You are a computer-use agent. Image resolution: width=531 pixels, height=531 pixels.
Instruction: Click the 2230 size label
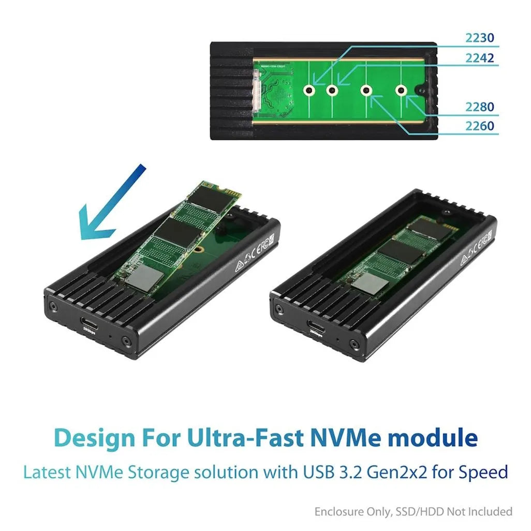(479, 38)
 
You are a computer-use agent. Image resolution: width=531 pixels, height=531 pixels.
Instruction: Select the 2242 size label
(479, 58)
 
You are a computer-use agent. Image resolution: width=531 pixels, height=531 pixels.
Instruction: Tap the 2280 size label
(479, 107)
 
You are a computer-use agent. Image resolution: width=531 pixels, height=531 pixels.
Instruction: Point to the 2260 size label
(479, 126)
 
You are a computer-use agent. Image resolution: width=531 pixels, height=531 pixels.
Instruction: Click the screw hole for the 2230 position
(309, 91)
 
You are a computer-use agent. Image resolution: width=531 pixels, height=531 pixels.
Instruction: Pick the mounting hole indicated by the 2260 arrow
(366, 91)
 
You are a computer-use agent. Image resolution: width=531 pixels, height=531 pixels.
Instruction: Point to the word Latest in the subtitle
(48, 473)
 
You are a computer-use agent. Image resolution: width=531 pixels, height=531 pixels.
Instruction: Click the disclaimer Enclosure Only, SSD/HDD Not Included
(413, 512)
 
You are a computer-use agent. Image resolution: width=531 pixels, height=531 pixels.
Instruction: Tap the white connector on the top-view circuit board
(256, 91)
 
